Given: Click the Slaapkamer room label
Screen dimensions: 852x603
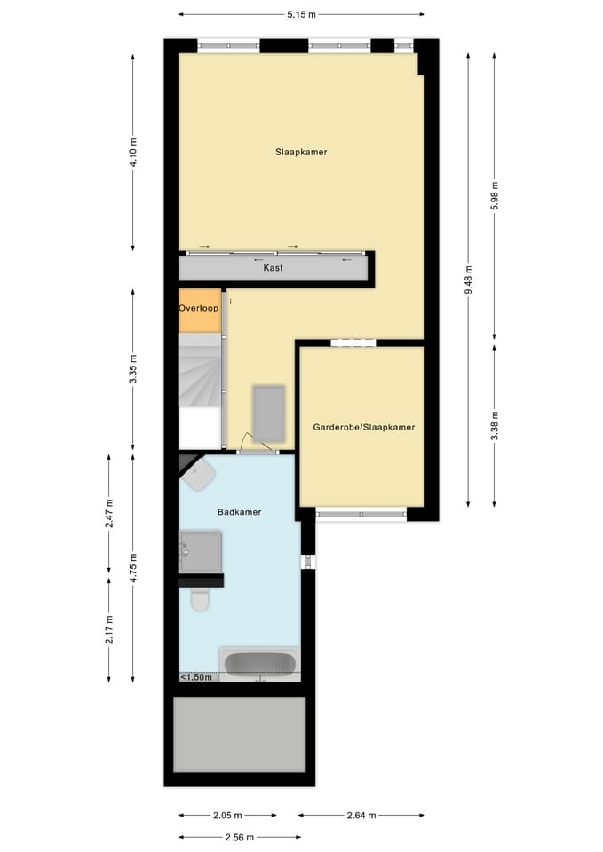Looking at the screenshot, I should coord(301,152).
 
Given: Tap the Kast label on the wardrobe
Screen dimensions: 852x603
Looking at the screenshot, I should coord(274,267).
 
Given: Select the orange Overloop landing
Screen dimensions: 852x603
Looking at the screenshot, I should coord(198,310).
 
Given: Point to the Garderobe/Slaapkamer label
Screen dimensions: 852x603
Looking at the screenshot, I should coord(363,427).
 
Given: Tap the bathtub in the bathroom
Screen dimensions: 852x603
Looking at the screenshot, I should coord(260,664).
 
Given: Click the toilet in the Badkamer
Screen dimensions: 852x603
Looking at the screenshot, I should coord(200,601).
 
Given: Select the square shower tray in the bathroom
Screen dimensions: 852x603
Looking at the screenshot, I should coord(202,551).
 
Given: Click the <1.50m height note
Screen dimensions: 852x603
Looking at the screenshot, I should coord(196,677).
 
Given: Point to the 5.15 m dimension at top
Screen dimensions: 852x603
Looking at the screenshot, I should coord(301,14).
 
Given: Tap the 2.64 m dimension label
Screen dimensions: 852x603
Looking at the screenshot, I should coord(360,815).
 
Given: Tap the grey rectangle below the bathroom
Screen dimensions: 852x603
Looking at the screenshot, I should coord(239,734).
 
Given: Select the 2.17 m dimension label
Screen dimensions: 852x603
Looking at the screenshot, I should coord(109,628).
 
